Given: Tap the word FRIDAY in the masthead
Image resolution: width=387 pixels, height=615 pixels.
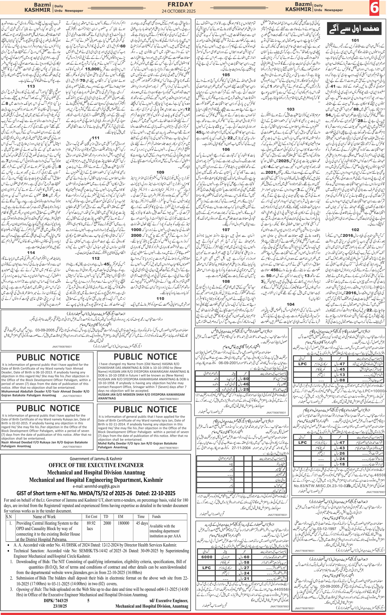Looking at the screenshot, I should pos(180,4).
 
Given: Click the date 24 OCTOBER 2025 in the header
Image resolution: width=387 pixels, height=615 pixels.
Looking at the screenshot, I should pos(179,11).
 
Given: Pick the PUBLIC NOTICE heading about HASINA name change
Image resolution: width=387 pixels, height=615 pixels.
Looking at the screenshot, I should pos(145,357).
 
